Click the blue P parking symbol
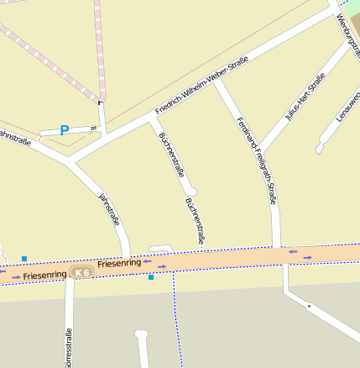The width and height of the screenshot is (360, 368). [64, 130]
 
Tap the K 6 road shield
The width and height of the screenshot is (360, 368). [81, 272]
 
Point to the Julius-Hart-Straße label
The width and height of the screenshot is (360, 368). [305, 98]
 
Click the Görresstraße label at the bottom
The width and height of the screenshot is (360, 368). [68, 348]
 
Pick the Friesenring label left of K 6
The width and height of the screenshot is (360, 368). [44, 275]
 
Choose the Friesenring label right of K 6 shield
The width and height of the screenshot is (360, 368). [119, 264]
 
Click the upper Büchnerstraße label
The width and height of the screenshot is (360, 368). [171, 154]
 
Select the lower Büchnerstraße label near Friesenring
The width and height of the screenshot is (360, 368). [196, 221]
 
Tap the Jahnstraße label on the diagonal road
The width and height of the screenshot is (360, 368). [110, 209]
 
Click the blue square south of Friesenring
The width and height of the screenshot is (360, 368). [151, 276]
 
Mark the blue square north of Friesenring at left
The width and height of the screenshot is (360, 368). [24, 258]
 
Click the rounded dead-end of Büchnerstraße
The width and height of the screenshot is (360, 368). [192, 190]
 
